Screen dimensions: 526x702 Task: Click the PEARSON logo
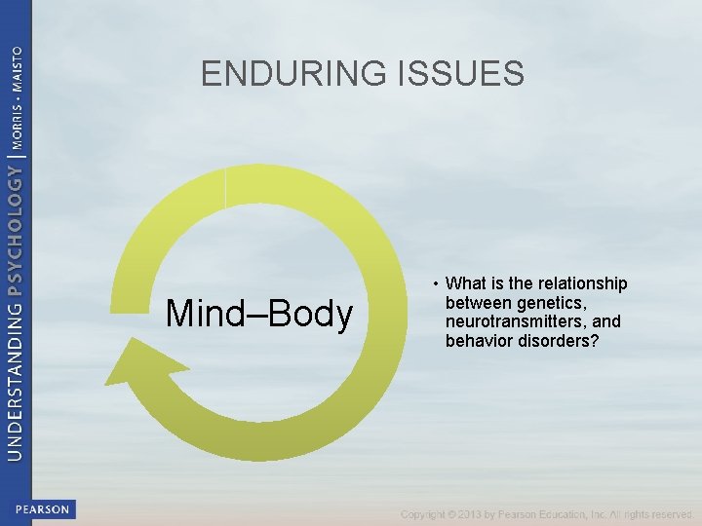point(43,509)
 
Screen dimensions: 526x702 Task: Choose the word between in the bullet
point(475,303)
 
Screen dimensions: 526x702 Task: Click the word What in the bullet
point(466,284)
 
